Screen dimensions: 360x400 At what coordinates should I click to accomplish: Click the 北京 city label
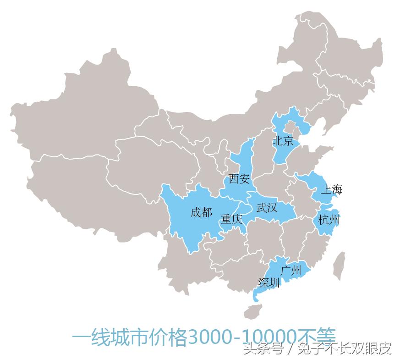[283, 141]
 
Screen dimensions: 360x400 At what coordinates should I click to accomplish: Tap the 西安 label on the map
[239, 178]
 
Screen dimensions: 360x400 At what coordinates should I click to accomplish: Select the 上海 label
[331, 189]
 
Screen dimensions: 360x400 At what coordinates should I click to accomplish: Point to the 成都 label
[201, 213]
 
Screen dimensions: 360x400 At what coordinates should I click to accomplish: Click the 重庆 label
[231, 220]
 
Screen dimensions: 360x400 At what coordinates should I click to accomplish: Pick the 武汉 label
[267, 208]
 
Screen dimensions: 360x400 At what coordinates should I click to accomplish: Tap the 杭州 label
[329, 220]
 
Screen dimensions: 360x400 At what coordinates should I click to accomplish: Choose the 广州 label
[290, 270]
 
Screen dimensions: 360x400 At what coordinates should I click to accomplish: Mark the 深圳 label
[269, 283]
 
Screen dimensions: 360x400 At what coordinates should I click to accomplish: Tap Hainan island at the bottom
[252, 312]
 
